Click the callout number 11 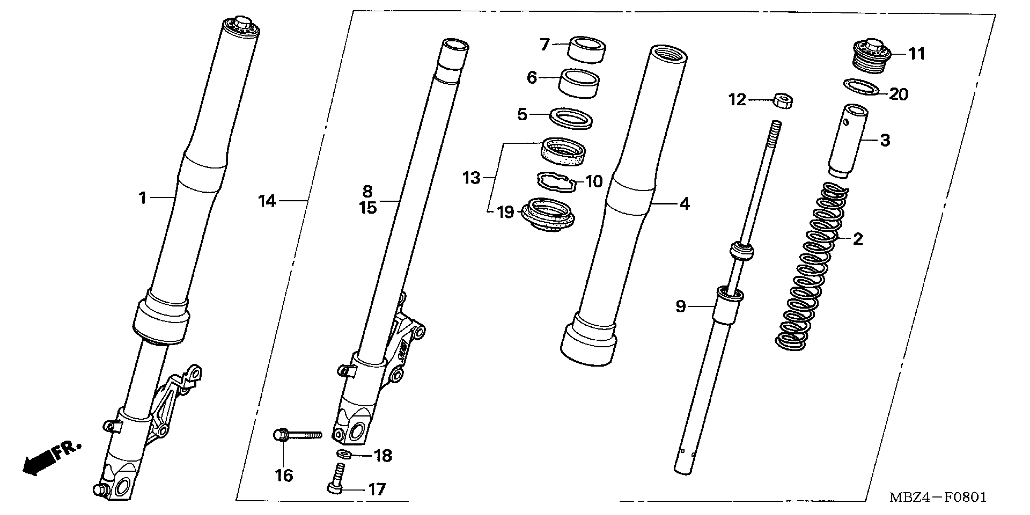click(x=917, y=54)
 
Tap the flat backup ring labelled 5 click(x=571, y=118)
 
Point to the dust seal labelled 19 click(x=548, y=216)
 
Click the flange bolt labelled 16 click(x=296, y=434)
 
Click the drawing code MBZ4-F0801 click(x=938, y=498)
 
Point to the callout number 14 click(x=267, y=201)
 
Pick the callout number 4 click(x=685, y=204)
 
